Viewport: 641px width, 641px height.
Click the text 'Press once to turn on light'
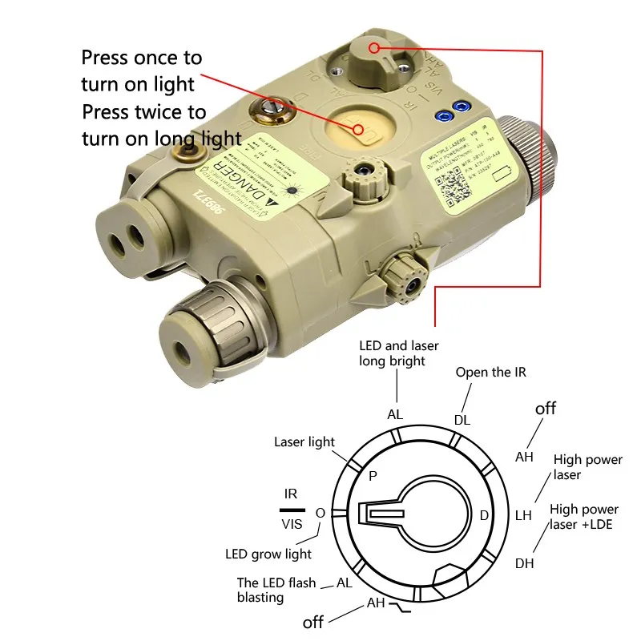[142, 71]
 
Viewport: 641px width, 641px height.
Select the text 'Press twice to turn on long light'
[160, 125]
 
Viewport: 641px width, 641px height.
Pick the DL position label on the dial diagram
[462, 419]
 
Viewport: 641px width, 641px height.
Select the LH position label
[523, 515]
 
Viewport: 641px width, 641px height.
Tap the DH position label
[524, 563]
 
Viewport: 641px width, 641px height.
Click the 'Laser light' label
[304, 441]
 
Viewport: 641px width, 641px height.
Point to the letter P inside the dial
[373, 476]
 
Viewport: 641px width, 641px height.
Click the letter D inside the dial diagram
[484, 515]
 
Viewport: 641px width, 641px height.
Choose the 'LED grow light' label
[268, 554]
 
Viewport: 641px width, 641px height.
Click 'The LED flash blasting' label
[276, 590]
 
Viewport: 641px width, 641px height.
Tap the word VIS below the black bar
[292, 524]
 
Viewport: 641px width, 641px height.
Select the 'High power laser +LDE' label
[583, 518]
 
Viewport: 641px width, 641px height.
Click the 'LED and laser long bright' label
[393, 353]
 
